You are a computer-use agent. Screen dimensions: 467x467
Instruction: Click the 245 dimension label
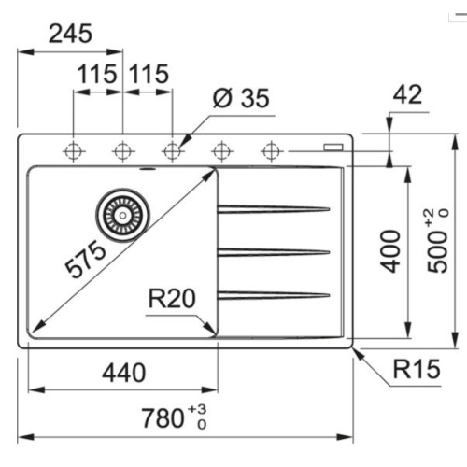(71, 35)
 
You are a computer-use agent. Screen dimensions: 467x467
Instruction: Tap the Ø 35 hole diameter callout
(240, 98)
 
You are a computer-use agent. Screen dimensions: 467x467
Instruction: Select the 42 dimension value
(408, 94)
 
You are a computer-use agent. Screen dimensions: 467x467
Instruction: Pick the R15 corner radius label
(416, 371)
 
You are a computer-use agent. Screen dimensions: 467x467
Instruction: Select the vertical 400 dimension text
(391, 250)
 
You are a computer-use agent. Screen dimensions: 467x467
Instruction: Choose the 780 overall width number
(163, 417)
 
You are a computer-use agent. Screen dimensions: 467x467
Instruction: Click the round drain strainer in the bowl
(121, 211)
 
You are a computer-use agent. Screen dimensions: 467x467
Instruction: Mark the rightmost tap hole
(272, 149)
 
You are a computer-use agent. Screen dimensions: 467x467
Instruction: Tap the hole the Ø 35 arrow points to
(172, 149)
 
